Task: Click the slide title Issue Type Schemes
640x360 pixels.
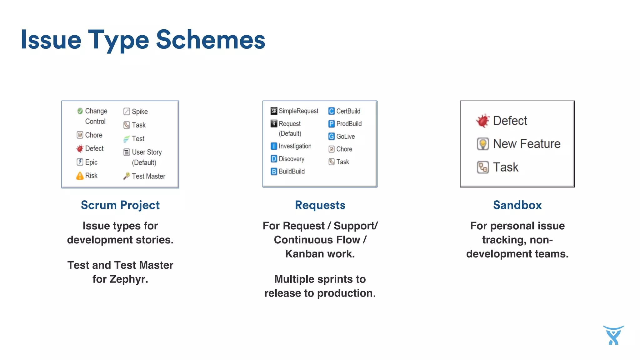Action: point(143,40)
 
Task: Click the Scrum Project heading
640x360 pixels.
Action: point(120,205)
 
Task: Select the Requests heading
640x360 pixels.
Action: point(320,205)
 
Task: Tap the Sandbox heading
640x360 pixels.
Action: point(517,205)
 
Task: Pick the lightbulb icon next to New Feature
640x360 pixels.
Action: point(483,144)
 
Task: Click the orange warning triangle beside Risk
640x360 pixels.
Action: point(80,176)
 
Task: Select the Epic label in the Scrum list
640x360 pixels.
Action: point(91,162)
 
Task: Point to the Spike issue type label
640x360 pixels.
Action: point(140,112)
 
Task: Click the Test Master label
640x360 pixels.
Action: point(148,176)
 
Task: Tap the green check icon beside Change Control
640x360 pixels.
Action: point(80,111)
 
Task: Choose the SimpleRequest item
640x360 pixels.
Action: point(298,111)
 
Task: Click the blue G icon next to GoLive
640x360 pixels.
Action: point(332,137)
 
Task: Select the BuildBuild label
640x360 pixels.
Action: point(292,172)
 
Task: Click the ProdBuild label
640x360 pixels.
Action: point(349,124)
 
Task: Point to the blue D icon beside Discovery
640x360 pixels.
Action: point(274,159)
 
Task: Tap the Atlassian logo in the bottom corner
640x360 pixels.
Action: point(613,335)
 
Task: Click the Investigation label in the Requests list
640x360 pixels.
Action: point(295,146)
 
